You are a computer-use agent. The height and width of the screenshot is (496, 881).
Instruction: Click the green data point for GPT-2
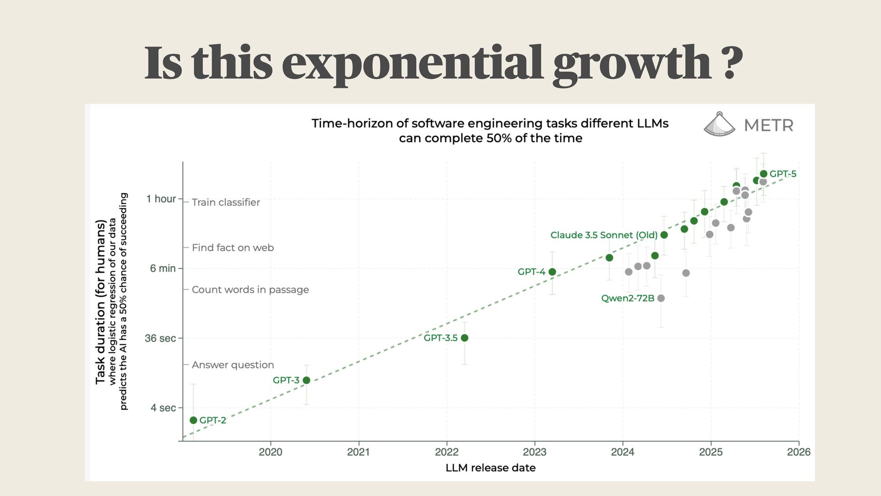(193, 420)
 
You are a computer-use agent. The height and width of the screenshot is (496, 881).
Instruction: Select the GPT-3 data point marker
(307, 380)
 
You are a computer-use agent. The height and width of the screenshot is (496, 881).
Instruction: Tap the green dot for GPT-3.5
(464, 338)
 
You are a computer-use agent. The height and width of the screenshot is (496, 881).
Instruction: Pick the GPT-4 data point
(552, 272)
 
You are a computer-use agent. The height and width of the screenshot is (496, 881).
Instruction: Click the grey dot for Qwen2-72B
(661, 298)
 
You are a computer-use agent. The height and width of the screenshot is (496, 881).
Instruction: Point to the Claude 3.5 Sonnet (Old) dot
(664, 235)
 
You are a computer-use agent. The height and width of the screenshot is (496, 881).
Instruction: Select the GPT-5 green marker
(764, 174)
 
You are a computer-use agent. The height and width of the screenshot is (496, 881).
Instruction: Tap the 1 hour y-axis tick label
(161, 199)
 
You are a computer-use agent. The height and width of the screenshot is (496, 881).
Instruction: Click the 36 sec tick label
(160, 338)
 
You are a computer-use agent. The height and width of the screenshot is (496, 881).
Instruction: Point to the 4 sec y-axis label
(163, 408)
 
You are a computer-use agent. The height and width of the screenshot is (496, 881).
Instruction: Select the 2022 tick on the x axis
(446, 452)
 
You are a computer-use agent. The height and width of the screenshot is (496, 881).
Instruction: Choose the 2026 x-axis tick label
(798, 452)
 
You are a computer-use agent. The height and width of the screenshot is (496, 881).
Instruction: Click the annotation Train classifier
(226, 203)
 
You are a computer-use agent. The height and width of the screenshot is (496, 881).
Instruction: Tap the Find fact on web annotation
(233, 248)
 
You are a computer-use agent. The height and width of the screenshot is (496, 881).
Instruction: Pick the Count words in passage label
(250, 290)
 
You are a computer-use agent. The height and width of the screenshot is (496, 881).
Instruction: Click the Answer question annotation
(233, 365)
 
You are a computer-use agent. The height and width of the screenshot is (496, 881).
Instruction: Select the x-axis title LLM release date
(491, 468)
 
